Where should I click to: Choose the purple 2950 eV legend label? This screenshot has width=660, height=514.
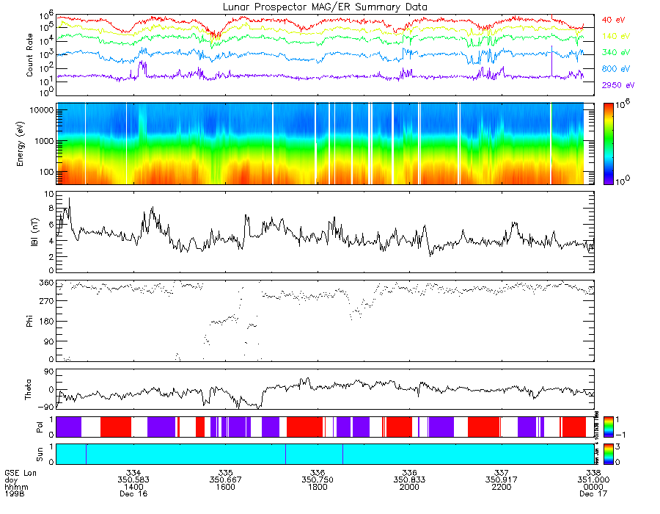tap(617, 86)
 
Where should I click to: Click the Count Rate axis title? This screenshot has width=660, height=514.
tap(30, 56)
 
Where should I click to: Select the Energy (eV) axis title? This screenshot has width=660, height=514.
tap(30, 144)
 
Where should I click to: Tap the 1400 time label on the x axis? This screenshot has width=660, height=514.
tap(133, 486)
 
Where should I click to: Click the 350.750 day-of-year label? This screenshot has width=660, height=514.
tap(318, 479)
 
